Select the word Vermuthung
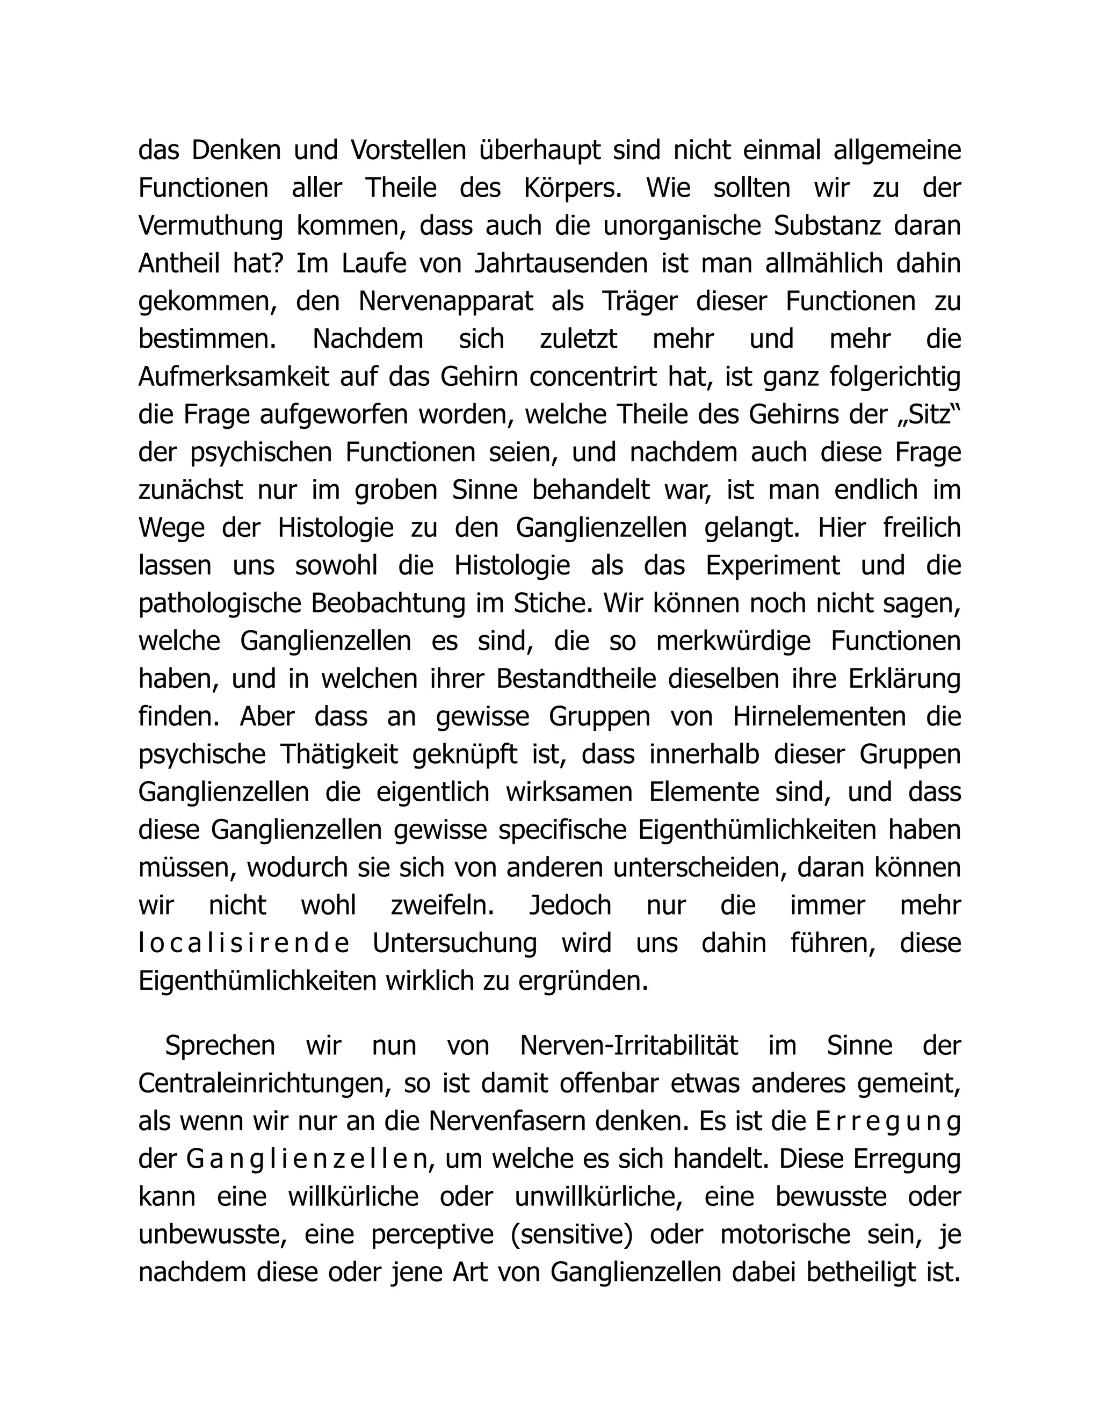coord(211,226)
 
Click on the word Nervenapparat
coord(446,301)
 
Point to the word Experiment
coord(773,565)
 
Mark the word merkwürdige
coord(733,641)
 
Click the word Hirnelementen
coord(819,716)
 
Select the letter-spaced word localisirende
coord(244,944)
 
